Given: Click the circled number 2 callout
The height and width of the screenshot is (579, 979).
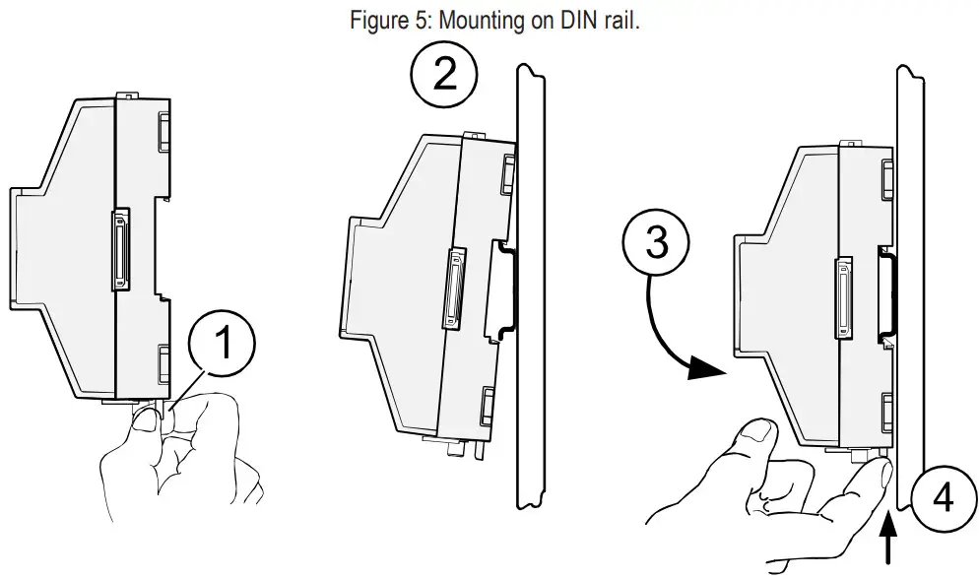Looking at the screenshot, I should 445,75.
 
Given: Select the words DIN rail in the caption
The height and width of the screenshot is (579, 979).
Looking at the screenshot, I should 601,21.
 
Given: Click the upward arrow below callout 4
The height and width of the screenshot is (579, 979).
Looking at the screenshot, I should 894,547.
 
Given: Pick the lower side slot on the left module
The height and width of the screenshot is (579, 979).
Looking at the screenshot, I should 163,361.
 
